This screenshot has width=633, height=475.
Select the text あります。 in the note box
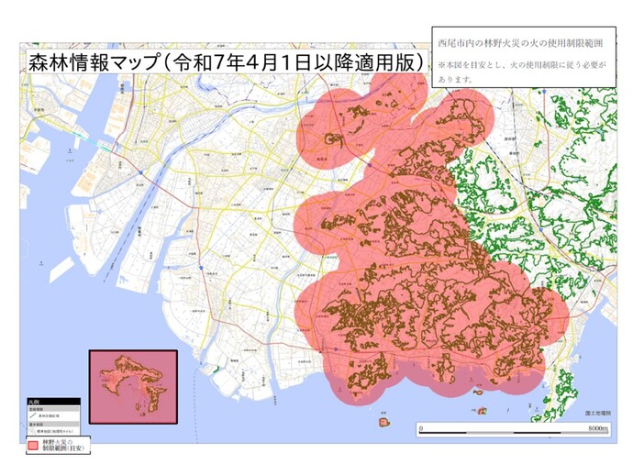(x=455, y=80)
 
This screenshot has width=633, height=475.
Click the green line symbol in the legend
(x=32, y=415)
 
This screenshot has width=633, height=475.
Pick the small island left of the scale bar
(x=381, y=423)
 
